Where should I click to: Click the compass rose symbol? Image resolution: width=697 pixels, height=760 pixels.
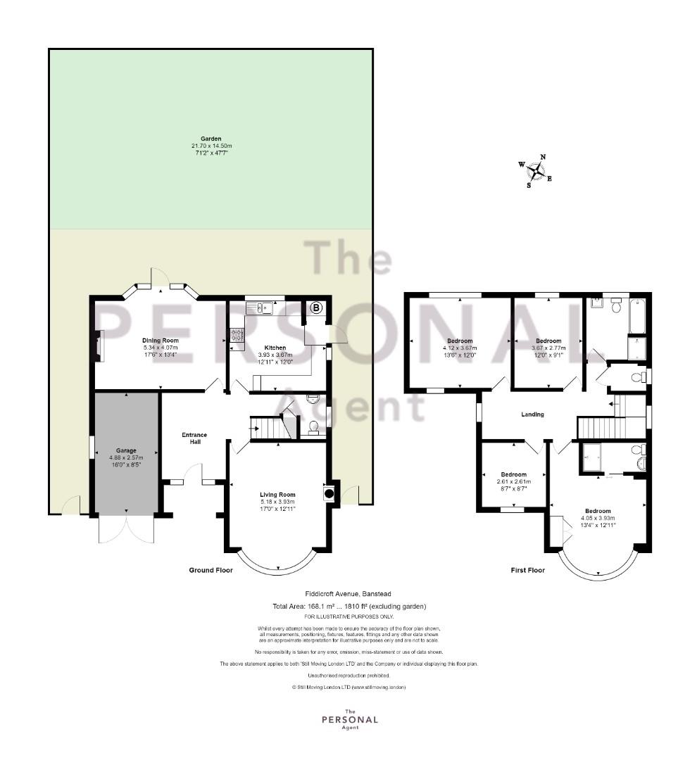click(x=536, y=170)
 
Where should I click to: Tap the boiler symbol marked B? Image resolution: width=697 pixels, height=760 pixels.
click(x=316, y=308)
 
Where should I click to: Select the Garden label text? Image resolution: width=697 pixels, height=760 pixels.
click(x=211, y=139)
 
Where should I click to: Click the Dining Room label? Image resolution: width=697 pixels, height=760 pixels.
click(x=160, y=341)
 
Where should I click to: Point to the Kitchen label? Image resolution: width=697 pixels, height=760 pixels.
click(x=275, y=348)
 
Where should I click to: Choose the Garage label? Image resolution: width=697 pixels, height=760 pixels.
click(x=126, y=450)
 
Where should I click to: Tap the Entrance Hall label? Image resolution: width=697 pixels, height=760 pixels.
click(x=194, y=438)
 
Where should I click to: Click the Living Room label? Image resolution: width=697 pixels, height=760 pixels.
click(x=277, y=495)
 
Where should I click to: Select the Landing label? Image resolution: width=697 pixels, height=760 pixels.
click(x=532, y=414)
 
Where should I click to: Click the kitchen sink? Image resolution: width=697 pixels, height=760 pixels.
click(x=260, y=308)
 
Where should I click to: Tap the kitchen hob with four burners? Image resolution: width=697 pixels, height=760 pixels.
click(x=237, y=334)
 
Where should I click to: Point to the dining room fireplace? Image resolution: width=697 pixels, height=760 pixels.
click(x=99, y=346)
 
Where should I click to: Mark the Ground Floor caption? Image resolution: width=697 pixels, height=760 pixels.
click(x=211, y=570)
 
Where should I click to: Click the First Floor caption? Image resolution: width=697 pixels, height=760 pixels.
click(x=528, y=570)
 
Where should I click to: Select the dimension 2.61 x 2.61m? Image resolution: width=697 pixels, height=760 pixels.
click(x=514, y=482)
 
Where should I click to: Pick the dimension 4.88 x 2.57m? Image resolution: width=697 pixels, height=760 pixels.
click(x=126, y=457)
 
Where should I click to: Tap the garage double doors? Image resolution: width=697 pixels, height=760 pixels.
click(x=126, y=529)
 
